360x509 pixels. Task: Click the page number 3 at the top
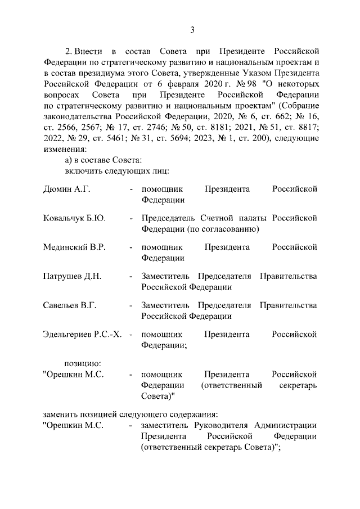coord(192,30)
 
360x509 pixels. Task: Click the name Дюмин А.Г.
coord(66,189)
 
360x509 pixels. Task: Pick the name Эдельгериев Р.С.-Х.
coord(82,335)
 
